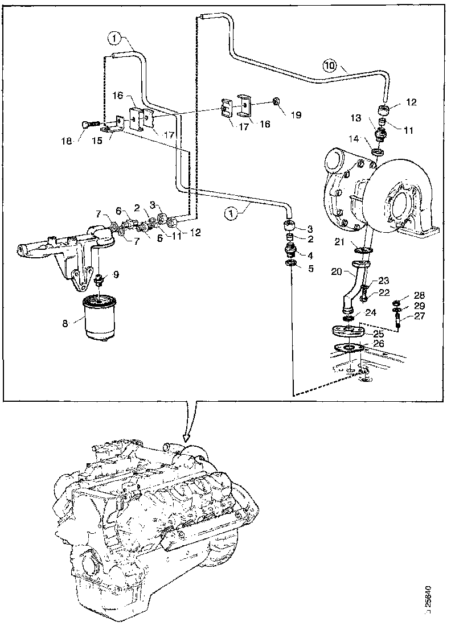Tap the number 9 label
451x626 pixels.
tap(116, 274)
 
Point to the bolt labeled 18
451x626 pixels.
tap(91, 125)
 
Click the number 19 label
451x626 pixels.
tap(296, 115)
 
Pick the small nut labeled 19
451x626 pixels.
tap(275, 101)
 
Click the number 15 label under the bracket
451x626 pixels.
tap(96, 141)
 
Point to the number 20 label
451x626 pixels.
tap(337, 271)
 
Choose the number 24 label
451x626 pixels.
tap(371, 312)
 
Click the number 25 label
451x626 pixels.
tap(378, 333)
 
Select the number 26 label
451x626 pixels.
tap(378, 343)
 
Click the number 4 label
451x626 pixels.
tap(310, 255)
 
